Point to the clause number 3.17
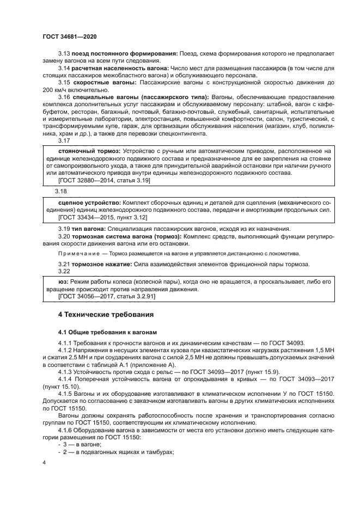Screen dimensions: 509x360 [64, 140]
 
